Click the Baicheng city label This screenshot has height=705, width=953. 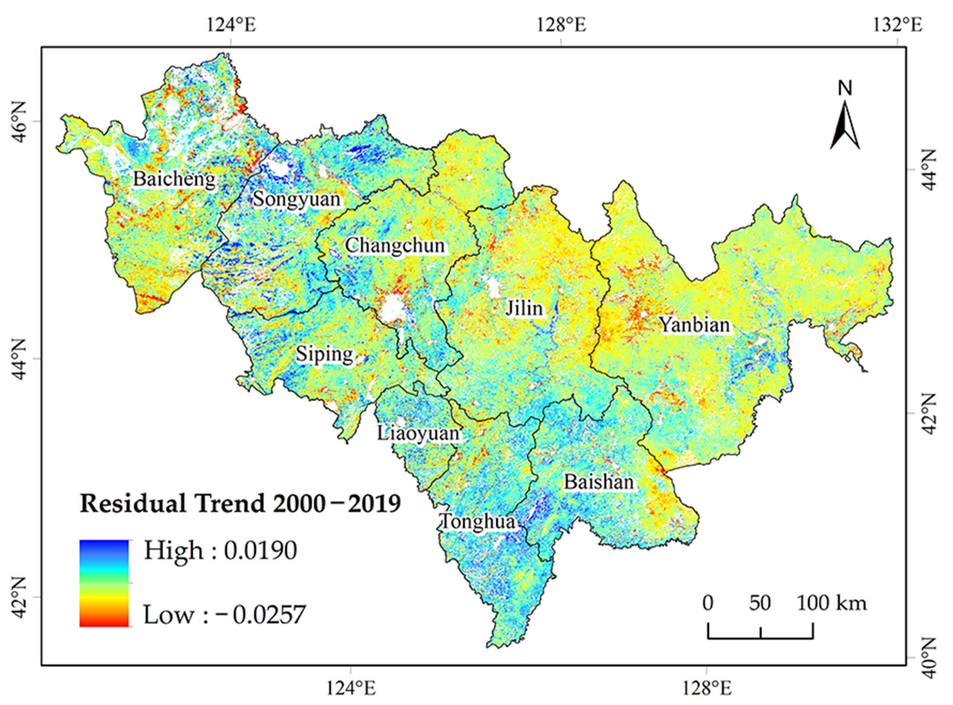pos(174,179)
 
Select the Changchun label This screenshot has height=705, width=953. pos(395,245)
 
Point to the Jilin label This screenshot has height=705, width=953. pos(524,308)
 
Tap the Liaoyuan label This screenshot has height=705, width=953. pos(418,434)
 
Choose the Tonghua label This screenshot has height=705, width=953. pos(477,521)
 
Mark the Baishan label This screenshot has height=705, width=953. pos(599,482)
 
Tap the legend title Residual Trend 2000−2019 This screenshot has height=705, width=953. pos(240,504)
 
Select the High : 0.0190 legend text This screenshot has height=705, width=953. pos(221,551)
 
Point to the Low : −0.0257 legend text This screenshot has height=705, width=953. pos(225,615)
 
